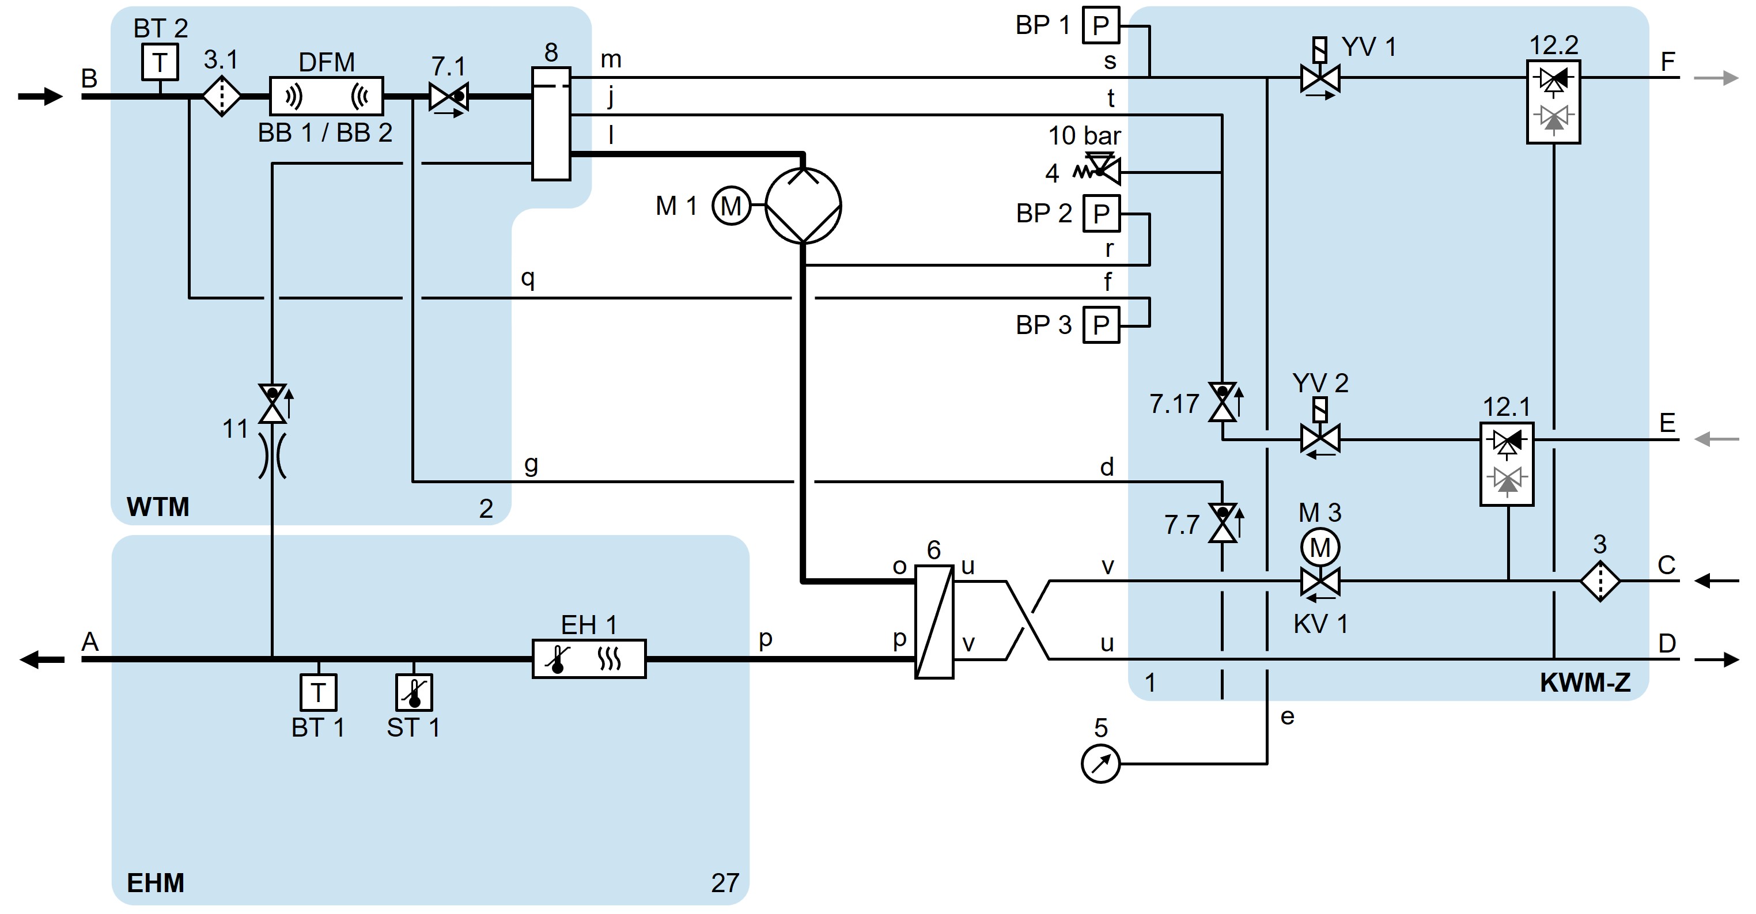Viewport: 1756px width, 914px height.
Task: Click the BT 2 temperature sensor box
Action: coord(160,63)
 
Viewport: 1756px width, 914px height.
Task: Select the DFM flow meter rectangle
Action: coord(327,96)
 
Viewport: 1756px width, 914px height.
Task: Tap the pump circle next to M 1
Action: coord(803,205)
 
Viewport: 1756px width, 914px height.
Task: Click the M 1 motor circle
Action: coord(731,206)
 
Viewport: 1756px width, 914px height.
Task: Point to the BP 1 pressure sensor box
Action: coord(1101,26)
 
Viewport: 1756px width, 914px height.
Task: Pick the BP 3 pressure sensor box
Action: coord(1101,325)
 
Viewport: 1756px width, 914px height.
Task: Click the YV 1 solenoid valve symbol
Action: coord(1320,78)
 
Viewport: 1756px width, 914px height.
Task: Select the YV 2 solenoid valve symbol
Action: coord(1320,438)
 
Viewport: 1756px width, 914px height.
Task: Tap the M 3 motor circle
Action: coord(1320,547)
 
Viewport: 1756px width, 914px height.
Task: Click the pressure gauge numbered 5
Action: coord(1100,764)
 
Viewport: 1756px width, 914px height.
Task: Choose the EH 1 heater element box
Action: coord(589,658)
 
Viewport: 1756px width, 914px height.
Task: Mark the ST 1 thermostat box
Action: coord(414,692)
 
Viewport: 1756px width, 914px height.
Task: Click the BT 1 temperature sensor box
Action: coord(319,692)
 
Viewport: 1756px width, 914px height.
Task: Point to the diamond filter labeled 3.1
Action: coord(222,97)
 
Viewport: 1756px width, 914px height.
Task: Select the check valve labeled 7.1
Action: coord(448,97)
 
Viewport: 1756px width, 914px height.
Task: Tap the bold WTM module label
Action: coord(157,507)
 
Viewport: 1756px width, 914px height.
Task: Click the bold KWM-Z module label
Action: coord(1585,683)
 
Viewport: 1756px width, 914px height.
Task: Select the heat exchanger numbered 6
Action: coord(933,621)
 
